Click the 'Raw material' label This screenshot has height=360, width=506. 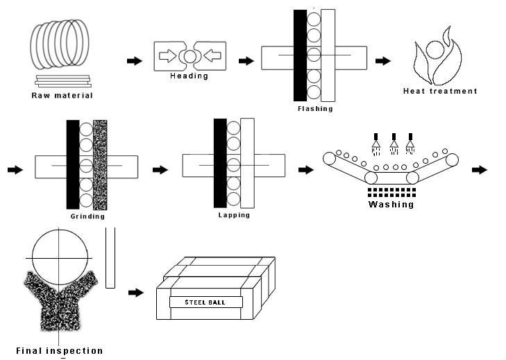pos(62,96)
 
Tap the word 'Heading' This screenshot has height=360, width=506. pos(189,76)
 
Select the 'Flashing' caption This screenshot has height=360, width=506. pos(315,109)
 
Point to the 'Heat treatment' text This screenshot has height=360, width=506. pos(440,91)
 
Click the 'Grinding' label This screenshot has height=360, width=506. pos(87,216)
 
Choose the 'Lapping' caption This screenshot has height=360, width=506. pos(234,215)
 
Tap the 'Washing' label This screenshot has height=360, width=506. pos(391,204)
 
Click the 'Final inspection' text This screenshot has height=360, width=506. pos(60,351)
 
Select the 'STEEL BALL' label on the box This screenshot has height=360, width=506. pos(205,302)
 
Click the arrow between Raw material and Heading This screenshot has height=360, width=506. pos(135,60)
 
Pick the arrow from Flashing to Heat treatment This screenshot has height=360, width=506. pos(383,60)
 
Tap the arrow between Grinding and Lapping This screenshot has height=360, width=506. pos(160,170)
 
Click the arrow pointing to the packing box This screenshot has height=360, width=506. pos(136,293)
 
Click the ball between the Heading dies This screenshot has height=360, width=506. pos(189,56)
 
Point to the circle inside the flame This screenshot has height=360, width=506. pos(435,50)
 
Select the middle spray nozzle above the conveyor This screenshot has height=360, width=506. pos(394,144)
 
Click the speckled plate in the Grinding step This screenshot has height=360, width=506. pos(100,165)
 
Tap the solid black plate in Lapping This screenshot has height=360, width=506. pos(221,163)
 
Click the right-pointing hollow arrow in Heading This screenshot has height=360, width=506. pos(168,55)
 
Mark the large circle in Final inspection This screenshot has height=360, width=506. pos(60,230)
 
